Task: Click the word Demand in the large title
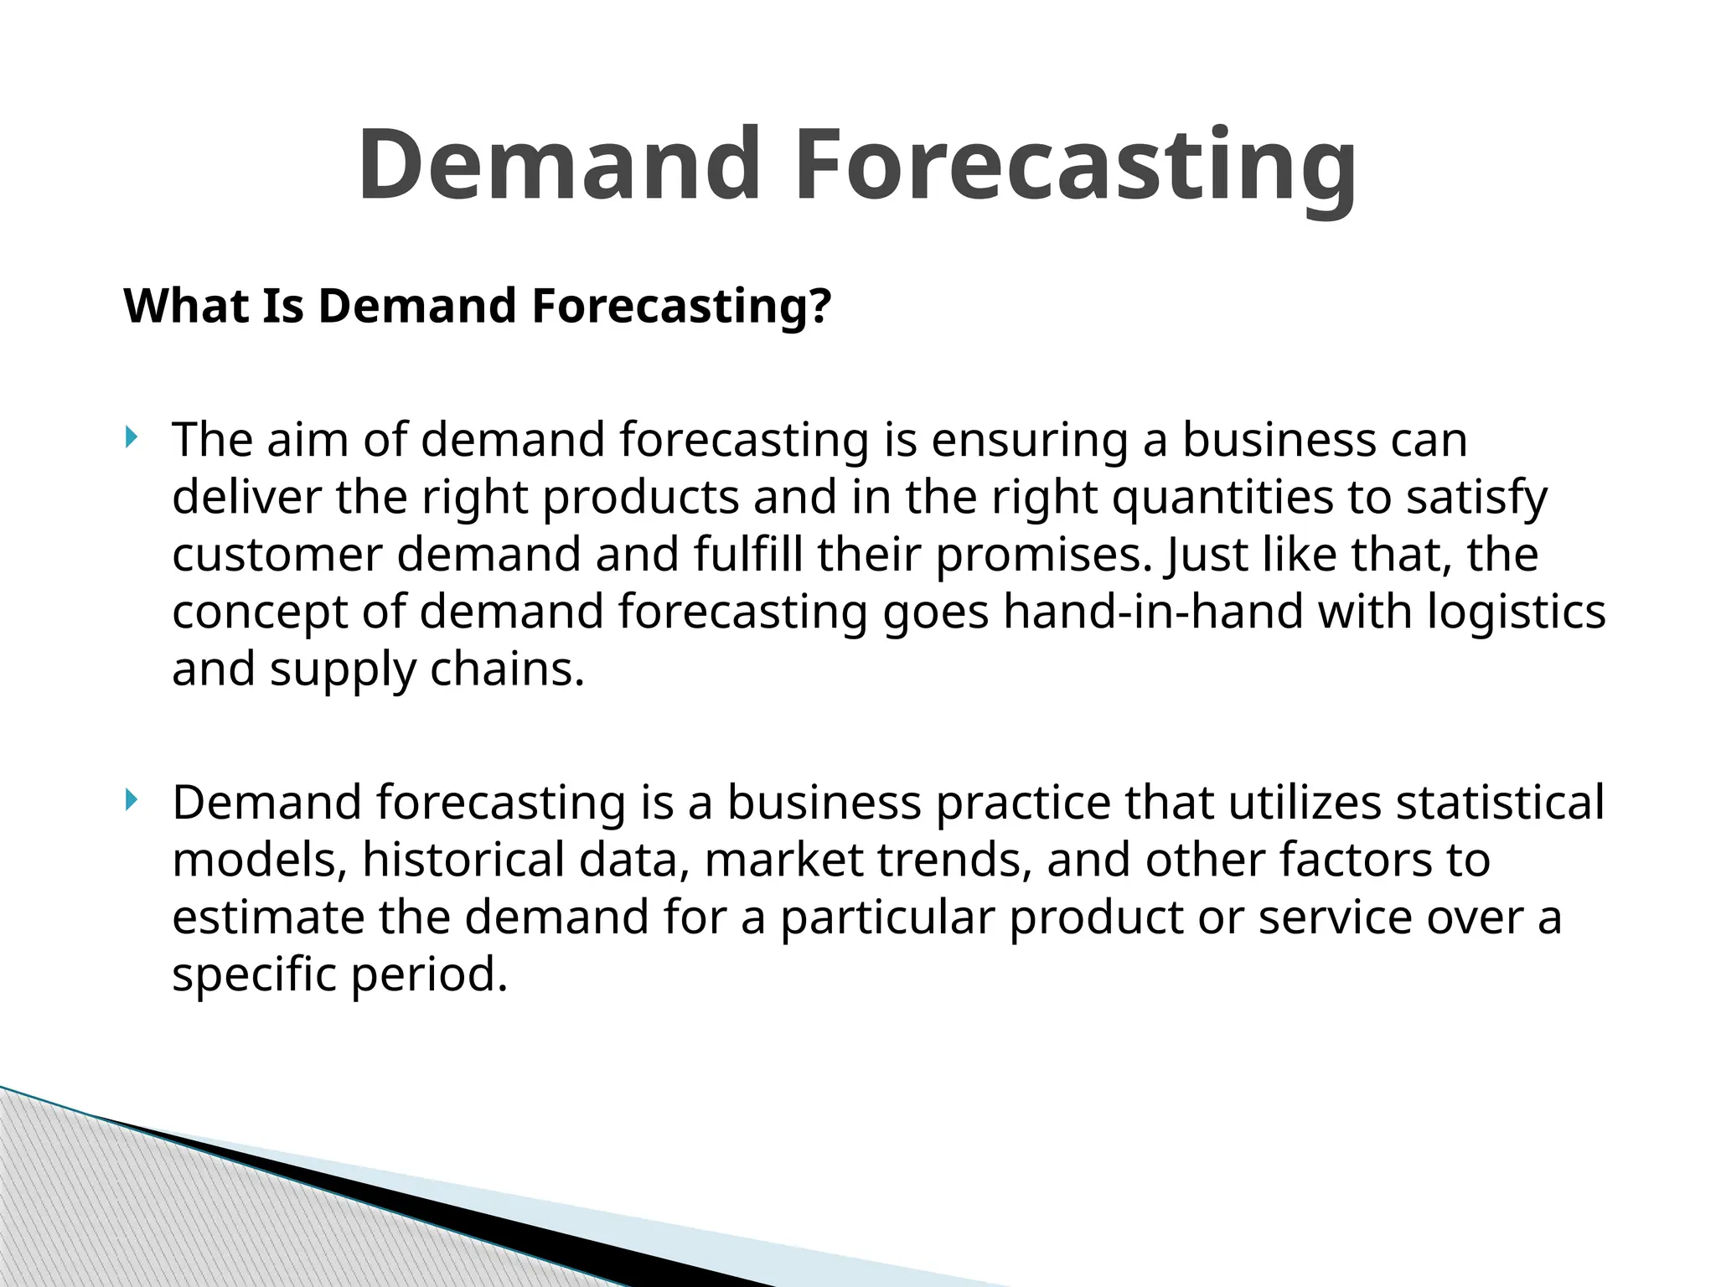point(559,164)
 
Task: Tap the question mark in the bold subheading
point(820,306)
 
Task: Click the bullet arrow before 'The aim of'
point(130,437)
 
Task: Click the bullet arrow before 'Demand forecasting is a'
point(130,799)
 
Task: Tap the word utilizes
point(1305,803)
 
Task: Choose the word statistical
point(1500,803)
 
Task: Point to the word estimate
point(269,917)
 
